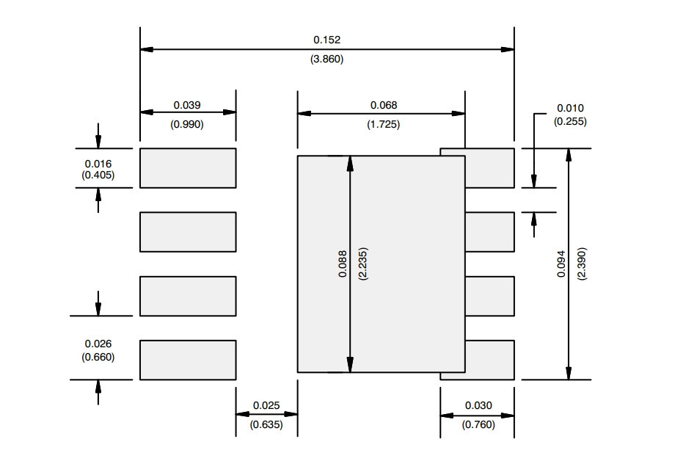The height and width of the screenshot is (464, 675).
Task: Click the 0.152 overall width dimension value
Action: [x=326, y=40]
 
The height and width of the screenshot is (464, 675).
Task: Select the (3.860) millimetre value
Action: [x=326, y=59]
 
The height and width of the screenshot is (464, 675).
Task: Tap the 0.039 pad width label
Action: [x=187, y=105]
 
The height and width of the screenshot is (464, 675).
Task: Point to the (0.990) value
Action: [x=187, y=125]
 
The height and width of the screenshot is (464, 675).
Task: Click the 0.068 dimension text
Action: [x=384, y=105]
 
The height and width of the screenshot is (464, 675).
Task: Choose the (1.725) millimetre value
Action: [x=383, y=125]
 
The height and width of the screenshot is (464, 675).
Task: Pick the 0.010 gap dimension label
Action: [x=570, y=108]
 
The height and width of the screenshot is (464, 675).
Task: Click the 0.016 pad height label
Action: [x=98, y=164]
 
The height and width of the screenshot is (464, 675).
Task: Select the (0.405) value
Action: [x=98, y=175]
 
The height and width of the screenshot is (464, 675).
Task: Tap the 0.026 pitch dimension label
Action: [x=98, y=344]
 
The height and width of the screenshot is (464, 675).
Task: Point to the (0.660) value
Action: [x=98, y=357]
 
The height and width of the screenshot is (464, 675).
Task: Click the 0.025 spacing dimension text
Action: [x=266, y=405]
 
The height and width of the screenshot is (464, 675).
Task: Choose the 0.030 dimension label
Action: [x=478, y=405]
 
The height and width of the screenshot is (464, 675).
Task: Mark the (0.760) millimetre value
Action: [x=478, y=425]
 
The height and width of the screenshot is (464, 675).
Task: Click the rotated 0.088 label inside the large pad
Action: [x=343, y=264]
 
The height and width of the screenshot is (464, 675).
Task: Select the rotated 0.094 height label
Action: [x=561, y=264]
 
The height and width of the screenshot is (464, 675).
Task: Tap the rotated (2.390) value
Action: [x=582, y=264]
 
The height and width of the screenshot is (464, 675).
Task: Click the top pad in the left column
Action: [x=188, y=168]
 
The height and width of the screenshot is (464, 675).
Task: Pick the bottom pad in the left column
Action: [x=188, y=360]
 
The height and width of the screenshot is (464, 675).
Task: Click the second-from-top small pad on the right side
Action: [x=490, y=232]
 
